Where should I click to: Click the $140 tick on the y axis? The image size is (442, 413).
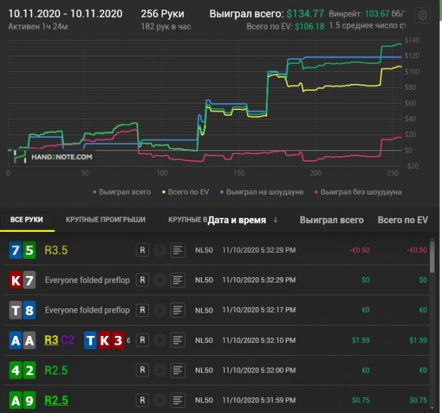point(412,40)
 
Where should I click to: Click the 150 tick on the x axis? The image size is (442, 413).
point(239,173)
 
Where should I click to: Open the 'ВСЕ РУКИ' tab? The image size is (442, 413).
point(27,220)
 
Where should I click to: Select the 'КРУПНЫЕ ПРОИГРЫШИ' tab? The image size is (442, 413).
point(105,220)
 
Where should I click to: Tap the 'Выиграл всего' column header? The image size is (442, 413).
point(331,220)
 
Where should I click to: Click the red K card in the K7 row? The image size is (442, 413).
point(16,280)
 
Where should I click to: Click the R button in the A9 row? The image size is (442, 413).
point(143,401)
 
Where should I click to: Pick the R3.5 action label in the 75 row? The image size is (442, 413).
point(56,250)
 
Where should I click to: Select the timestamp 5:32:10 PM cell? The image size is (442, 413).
point(258,340)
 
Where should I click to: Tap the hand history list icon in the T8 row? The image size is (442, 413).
point(178,310)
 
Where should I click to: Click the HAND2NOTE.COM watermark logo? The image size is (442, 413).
point(54,157)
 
